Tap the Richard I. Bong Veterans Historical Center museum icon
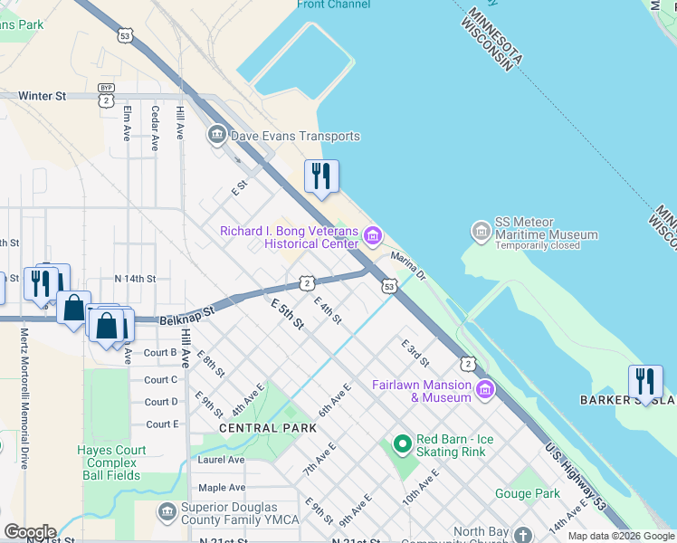click(372, 237)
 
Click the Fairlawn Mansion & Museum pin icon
click(484, 390)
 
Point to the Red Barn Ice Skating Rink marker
click(402, 444)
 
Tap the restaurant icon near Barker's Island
click(645, 380)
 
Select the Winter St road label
click(43, 94)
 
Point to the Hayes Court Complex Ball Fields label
click(112, 462)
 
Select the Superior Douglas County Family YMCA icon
click(167, 513)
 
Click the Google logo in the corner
click(29, 532)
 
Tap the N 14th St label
click(135, 280)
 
